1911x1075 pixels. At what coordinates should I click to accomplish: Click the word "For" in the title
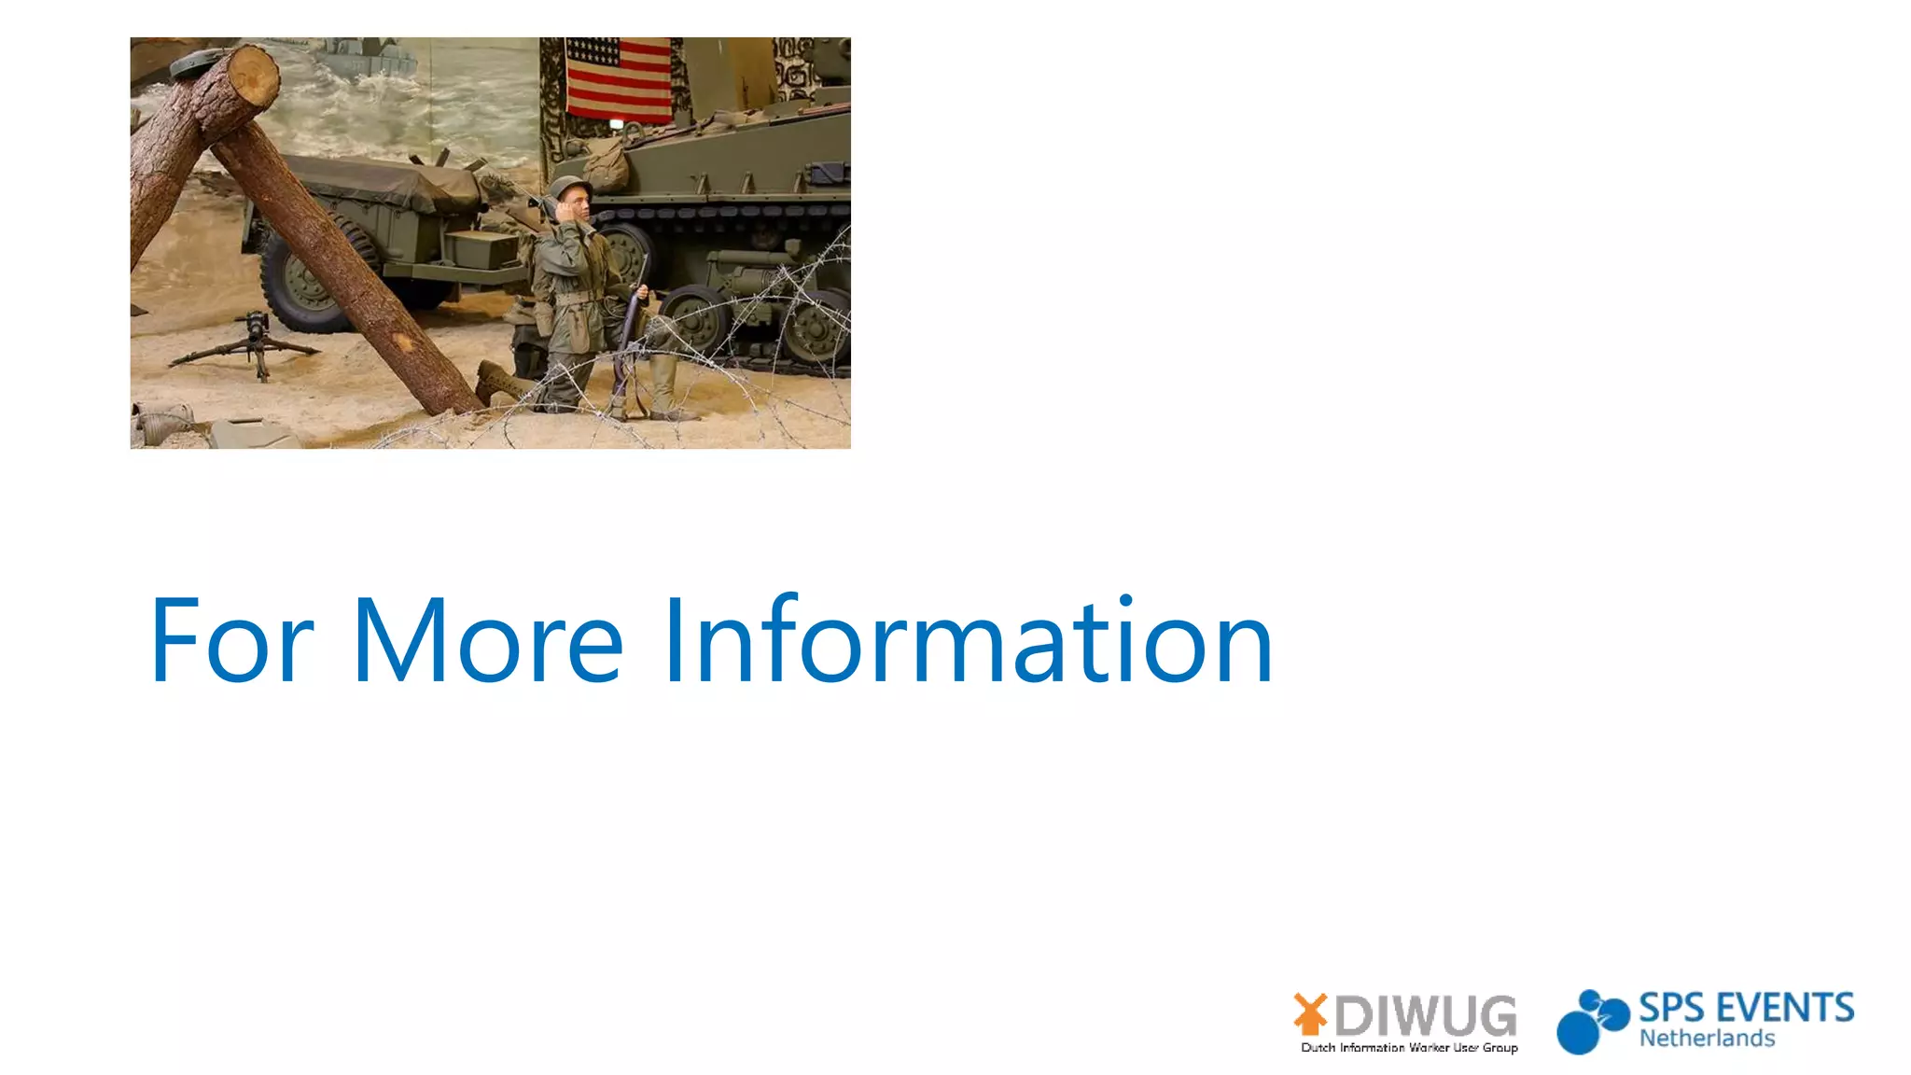point(231,641)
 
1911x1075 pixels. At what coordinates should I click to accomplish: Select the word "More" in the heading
point(487,641)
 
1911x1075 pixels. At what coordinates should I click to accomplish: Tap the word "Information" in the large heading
point(968,641)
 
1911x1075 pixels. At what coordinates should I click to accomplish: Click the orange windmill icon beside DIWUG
point(1310,1014)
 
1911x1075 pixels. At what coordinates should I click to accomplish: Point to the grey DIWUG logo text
point(1426,1016)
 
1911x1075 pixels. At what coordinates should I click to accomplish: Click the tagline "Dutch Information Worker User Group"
point(1409,1048)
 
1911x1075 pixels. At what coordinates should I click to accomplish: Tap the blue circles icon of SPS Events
point(1591,1022)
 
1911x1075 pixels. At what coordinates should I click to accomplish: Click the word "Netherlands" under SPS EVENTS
point(1707,1039)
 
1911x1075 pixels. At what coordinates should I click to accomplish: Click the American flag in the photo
point(618,78)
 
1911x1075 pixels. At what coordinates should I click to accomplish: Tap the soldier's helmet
point(568,189)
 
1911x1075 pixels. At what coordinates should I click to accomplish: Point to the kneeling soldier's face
point(577,204)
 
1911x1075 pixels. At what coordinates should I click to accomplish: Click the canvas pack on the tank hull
point(607,166)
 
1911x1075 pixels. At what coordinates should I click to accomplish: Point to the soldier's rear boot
point(495,383)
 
